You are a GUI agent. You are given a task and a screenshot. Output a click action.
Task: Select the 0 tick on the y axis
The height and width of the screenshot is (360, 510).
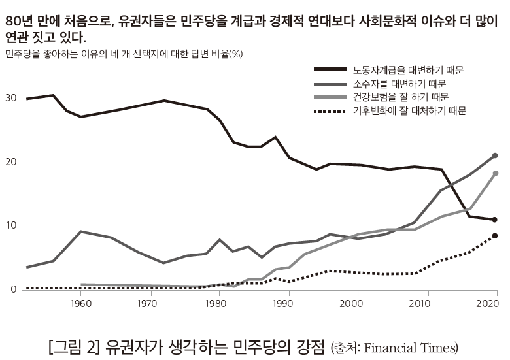(12, 289)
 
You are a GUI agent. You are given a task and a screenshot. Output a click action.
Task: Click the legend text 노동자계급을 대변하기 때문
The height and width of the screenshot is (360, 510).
(413, 69)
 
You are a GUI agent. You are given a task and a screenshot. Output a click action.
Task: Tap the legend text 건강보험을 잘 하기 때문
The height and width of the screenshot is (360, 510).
(401, 97)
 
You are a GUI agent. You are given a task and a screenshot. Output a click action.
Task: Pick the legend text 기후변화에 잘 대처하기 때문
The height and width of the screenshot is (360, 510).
(409, 111)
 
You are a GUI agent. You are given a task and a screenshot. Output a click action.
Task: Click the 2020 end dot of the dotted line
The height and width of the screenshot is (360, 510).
(495, 236)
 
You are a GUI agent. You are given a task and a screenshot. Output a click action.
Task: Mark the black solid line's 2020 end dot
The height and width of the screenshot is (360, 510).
(495, 220)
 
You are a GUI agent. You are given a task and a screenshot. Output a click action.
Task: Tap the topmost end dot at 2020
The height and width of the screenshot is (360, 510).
(495, 155)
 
